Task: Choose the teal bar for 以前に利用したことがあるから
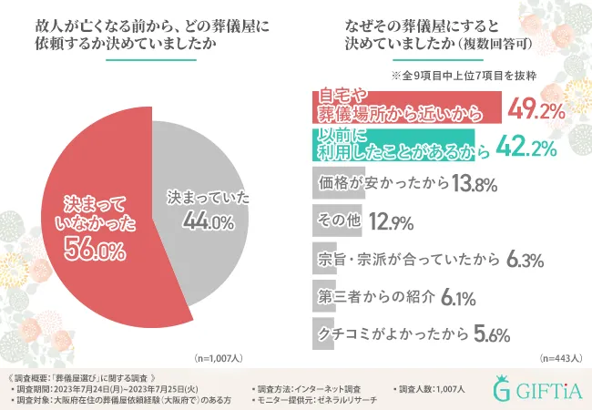392,147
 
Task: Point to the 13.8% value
472,184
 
